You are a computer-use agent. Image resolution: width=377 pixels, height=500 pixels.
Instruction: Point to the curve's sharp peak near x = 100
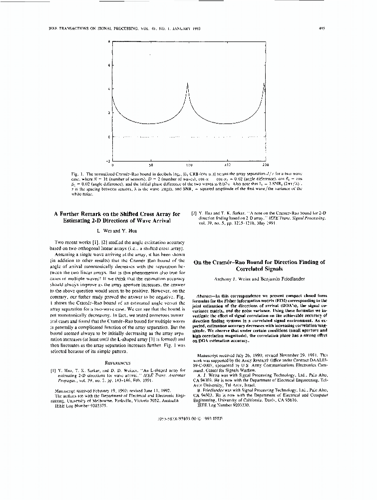tap(187, 83)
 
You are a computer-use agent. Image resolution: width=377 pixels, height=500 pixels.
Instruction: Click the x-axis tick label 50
tap(150, 164)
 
